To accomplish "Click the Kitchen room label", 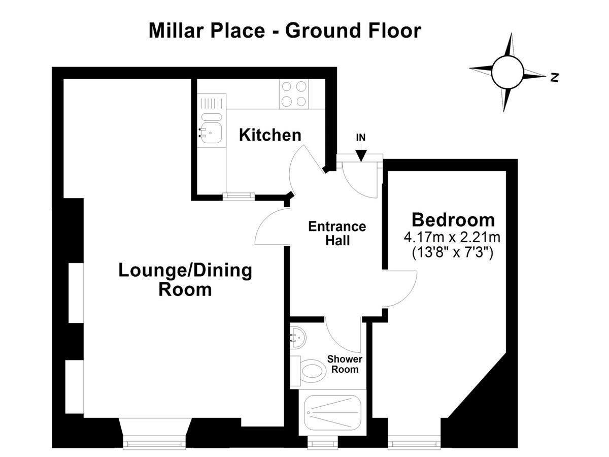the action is click(270, 135).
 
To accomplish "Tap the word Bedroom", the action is click(453, 220).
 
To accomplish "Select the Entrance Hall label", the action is click(337, 234).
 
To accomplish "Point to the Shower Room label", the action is click(345, 364).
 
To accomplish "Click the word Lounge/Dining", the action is click(185, 271).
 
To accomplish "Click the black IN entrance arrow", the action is click(361, 155).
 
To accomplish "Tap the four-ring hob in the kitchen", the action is click(294, 94).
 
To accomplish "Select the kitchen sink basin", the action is click(212, 133).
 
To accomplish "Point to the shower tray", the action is click(332, 413).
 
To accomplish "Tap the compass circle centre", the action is click(507, 72).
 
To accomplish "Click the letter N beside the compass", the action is click(554, 77).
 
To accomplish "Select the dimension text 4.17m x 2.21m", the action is click(452, 238).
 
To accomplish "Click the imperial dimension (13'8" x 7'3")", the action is click(452, 253).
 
